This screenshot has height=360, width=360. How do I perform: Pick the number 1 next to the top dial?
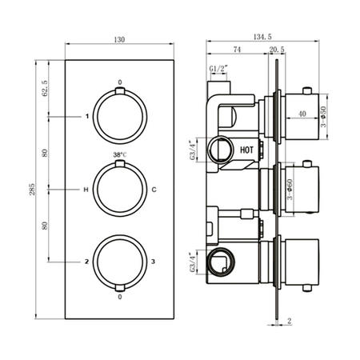pyautogui.click(x=86, y=117)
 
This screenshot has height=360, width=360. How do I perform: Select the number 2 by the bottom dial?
pyautogui.click(x=86, y=261)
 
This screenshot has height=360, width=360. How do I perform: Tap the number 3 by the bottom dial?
pyautogui.click(x=153, y=261)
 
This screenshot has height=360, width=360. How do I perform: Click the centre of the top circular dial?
pyautogui.click(x=119, y=116)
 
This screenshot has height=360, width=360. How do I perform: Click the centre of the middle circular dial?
pyautogui.click(x=119, y=189)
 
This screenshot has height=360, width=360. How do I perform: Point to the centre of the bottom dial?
pyautogui.click(x=119, y=261)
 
